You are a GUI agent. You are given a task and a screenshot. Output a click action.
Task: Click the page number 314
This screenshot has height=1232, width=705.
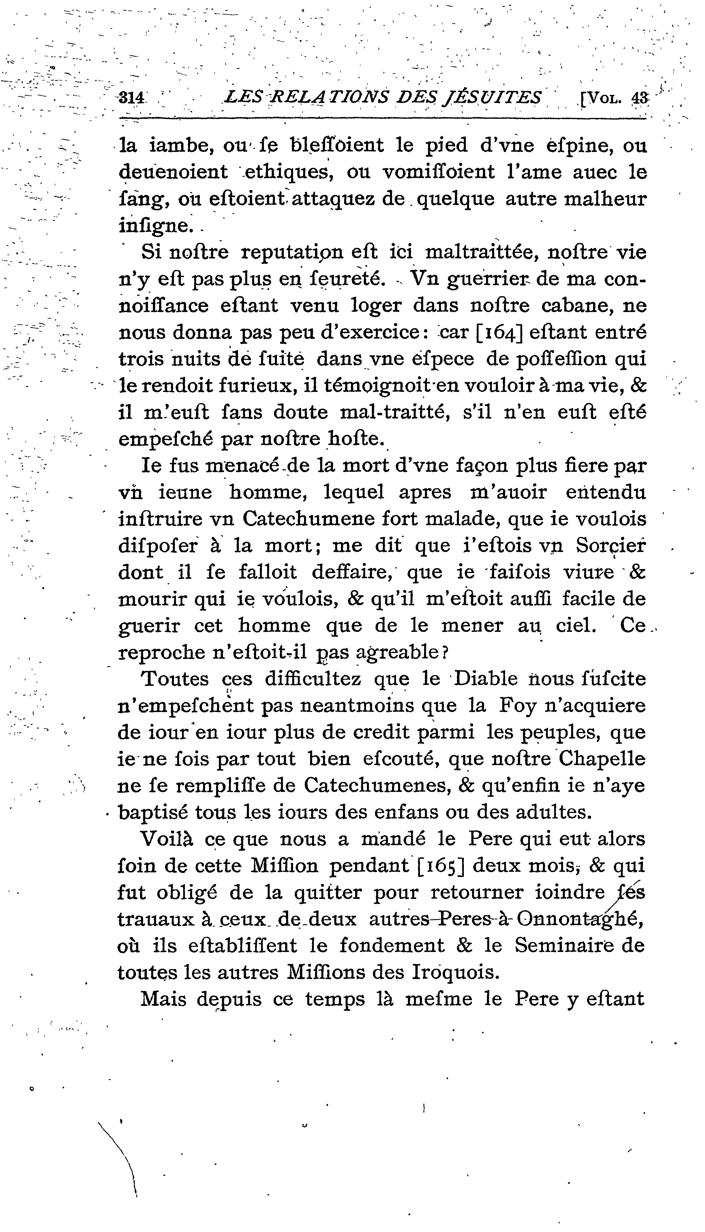pyautogui.click(x=132, y=98)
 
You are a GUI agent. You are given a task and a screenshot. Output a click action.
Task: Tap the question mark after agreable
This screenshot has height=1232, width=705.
pyautogui.click(x=445, y=653)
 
